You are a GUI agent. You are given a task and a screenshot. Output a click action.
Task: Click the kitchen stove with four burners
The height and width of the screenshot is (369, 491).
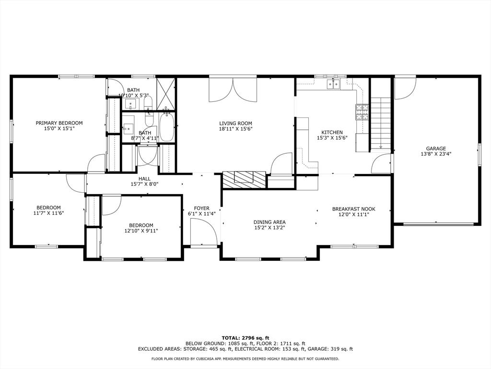coord(362,111)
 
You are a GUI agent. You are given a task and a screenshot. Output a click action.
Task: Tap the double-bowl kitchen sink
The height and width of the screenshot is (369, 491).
coord(333,85)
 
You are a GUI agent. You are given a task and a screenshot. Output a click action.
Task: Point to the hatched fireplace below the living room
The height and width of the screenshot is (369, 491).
coord(244,179)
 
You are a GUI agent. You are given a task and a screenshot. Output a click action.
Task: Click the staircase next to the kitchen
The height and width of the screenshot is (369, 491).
coord(381,123)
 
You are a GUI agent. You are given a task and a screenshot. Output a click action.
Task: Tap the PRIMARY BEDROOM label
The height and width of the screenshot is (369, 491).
coord(59,123)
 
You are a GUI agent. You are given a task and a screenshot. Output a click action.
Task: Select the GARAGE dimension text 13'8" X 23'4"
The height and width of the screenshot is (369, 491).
coord(436,155)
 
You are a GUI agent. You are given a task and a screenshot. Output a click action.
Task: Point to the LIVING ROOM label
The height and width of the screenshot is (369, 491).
coord(235,123)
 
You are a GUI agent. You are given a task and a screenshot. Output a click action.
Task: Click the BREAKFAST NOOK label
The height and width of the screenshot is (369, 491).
coord(353,209)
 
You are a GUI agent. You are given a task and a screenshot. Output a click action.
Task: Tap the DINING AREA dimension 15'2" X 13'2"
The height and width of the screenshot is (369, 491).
coord(269,228)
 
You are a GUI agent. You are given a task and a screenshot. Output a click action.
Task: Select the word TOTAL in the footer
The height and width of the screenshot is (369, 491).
coord(232,338)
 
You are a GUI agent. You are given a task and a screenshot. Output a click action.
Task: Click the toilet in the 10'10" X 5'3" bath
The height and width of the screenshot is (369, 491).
coord(148,102)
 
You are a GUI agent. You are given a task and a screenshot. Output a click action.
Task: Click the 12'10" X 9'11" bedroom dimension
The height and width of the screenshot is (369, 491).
coord(141,231)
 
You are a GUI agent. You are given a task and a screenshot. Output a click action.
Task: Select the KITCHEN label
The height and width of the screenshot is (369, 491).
coord(332,133)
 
